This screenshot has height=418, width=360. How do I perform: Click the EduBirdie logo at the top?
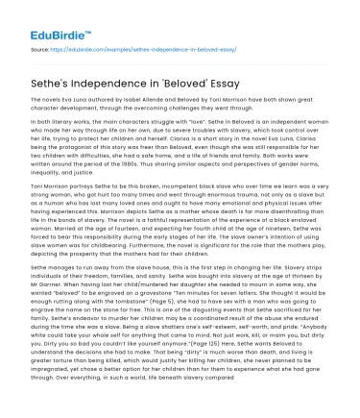click(x=45, y=19)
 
